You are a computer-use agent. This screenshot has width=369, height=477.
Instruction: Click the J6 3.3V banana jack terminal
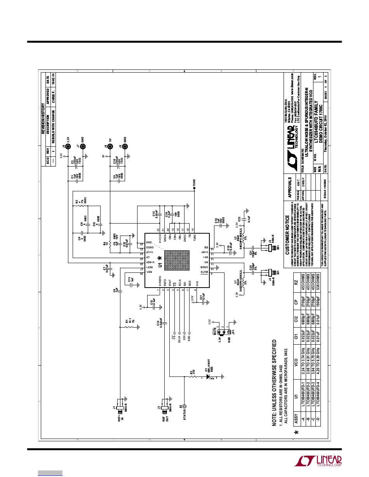pos(68,147)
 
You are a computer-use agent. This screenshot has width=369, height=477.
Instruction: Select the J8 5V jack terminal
pos(110,147)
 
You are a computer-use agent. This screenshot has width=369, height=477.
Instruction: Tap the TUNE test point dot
pos(194,188)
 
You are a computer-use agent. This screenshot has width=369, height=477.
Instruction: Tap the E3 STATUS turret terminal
pos(184,406)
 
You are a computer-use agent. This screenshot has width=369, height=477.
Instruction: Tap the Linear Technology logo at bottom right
pos(319,461)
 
